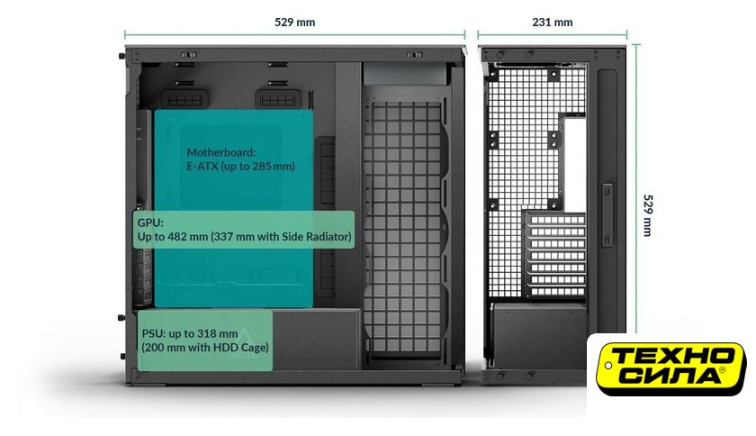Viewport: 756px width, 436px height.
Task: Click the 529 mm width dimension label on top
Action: point(295,22)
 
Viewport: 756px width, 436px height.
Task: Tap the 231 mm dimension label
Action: point(552,22)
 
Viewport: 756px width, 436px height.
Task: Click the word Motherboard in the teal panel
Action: point(220,152)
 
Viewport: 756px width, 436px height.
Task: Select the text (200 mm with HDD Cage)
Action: point(204,347)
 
